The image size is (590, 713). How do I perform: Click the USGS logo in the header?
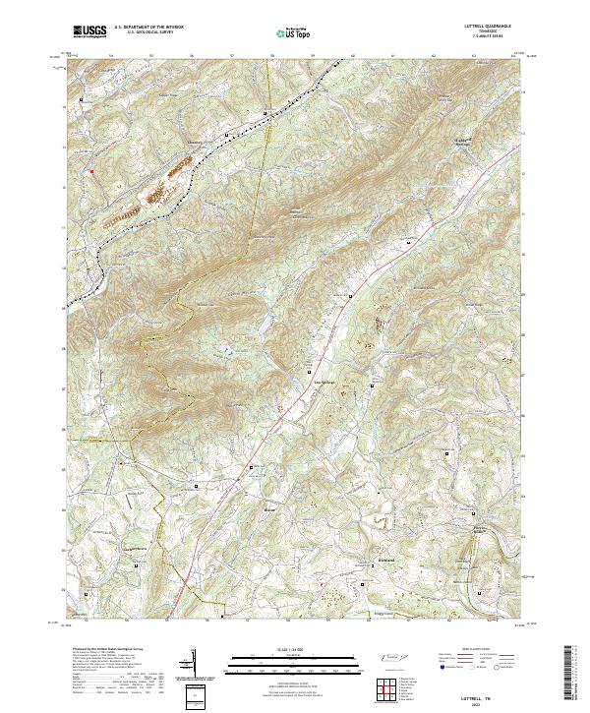(88, 31)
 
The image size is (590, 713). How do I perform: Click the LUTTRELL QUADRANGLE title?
(481, 26)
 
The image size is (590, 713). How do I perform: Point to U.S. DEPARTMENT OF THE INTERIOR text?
(147, 28)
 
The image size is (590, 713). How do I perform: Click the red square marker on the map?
(91, 172)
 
